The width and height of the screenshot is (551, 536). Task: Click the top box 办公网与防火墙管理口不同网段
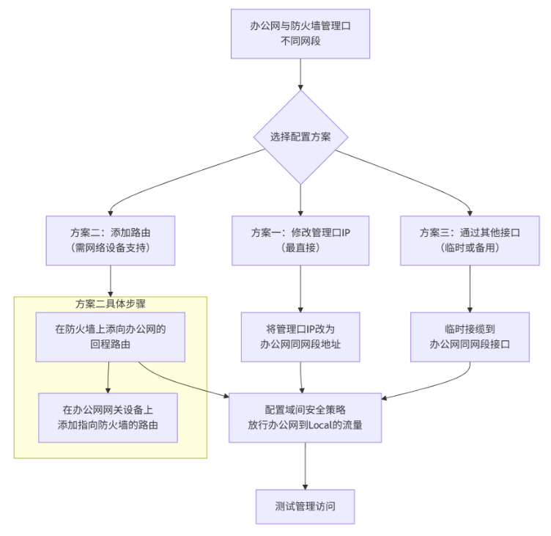[300, 34]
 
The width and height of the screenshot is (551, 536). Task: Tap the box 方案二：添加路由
[111, 240]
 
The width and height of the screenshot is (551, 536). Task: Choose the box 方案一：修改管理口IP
[300, 240]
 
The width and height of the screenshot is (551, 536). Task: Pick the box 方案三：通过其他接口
[470, 240]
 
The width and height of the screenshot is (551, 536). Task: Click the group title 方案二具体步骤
[111, 304]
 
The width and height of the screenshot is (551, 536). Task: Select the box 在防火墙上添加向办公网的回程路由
[111, 337]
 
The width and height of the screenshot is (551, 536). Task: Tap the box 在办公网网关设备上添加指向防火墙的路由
[108, 417]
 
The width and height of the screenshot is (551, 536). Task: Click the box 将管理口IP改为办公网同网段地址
[300, 337]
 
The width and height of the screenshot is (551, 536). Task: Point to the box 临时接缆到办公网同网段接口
[470, 337]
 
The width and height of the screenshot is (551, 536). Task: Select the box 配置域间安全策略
[305, 417]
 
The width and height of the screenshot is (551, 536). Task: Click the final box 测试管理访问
[305, 507]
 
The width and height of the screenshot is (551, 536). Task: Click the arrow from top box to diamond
[300, 74]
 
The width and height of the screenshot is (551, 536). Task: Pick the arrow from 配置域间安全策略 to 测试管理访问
[305, 466]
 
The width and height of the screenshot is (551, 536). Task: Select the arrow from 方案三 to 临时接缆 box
[470, 288]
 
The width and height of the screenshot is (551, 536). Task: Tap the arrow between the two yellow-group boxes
[108, 377]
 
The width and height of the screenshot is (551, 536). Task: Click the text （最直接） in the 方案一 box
[300, 248]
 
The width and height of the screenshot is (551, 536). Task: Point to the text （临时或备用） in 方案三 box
[470, 248]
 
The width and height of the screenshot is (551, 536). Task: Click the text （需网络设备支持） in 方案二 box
[111, 248]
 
